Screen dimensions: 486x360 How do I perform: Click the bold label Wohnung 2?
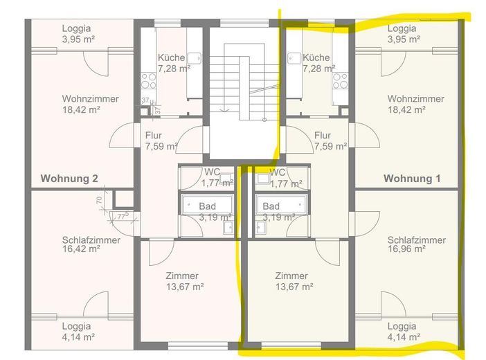pyautogui.click(x=69, y=179)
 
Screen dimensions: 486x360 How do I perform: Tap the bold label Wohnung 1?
pyautogui.click(x=412, y=179)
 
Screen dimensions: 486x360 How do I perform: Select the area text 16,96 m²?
pyautogui.click(x=406, y=249)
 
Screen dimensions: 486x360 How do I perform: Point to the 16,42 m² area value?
pyautogui.click(x=81, y=249)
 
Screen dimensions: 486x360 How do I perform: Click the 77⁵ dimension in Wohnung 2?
pyautogui.click(x=123, y=216)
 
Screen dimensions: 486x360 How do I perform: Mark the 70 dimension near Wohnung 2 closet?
pyautogui.click(x=99, y=200)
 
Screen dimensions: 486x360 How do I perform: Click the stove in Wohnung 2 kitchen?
pyautogui.click(x=148, y=80)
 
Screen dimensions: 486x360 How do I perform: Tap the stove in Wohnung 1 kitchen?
pyautogui.click(x=341, y=80)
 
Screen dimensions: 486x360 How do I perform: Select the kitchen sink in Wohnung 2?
pyautogui.click(x=195, y=58)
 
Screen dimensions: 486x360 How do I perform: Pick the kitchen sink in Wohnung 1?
pyautogui.click(x=294, y=58)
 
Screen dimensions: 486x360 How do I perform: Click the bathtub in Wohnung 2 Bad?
pyautogui.click(x=207, y=204)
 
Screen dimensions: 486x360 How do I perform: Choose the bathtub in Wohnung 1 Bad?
pyautogui.click(x=281, y=204)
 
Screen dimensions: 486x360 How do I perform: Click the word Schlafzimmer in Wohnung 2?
pyautogui.click(x=91, y=240)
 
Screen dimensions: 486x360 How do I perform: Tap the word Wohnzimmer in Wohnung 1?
pyautogui.click(x=415, y=99)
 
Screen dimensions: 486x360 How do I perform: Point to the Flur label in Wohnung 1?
pyautogui.click(x=323, y=136)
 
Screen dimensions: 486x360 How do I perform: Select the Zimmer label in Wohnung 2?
pyautogui.click(x=182, y=276)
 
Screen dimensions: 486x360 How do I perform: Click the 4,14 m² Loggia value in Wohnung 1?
pyautogui.click(x=404, y=337)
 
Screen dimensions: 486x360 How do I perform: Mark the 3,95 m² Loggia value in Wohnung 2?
pyautogui.click(x=78, y=39)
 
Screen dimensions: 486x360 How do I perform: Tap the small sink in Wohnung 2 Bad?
pyautogui.click(x=228, y=228)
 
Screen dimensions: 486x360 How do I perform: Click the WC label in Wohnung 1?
pyautogui.click(x=278, y=172)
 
